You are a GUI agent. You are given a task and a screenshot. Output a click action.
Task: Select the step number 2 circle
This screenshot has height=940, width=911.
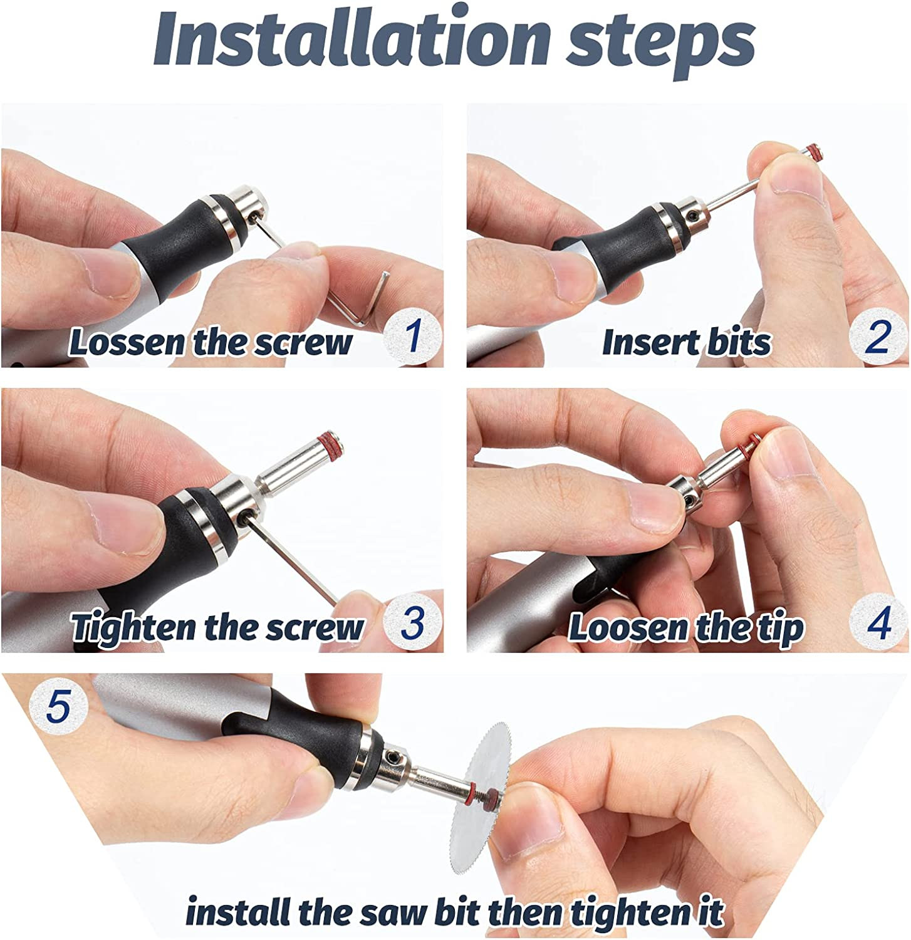coord(878,337)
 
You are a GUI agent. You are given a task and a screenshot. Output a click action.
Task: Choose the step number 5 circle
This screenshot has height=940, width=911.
coord(59,708)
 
